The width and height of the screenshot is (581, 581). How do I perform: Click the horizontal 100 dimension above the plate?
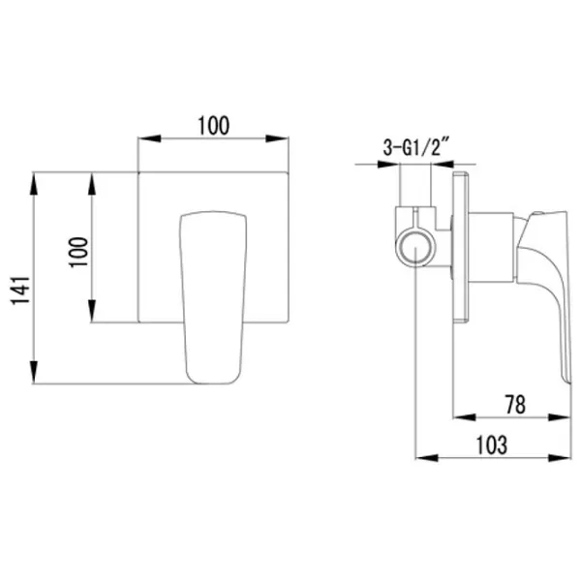(x=214, y=126)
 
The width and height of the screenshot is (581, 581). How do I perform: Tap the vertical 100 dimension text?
(x=78, y=252)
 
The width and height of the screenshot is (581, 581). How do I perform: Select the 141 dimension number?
(x=20, y=290)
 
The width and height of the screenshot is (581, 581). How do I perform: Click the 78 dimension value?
(x=515, y=405)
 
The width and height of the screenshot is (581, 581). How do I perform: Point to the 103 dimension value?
(x=492, y=445)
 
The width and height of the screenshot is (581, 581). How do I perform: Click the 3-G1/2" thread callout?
(x=416, y=148)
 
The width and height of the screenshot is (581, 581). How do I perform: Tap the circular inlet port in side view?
(x=415, y=248)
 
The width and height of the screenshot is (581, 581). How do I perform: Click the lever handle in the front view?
(x=213, y=297)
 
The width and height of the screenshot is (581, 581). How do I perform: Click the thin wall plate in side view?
(x=461, y=247)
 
